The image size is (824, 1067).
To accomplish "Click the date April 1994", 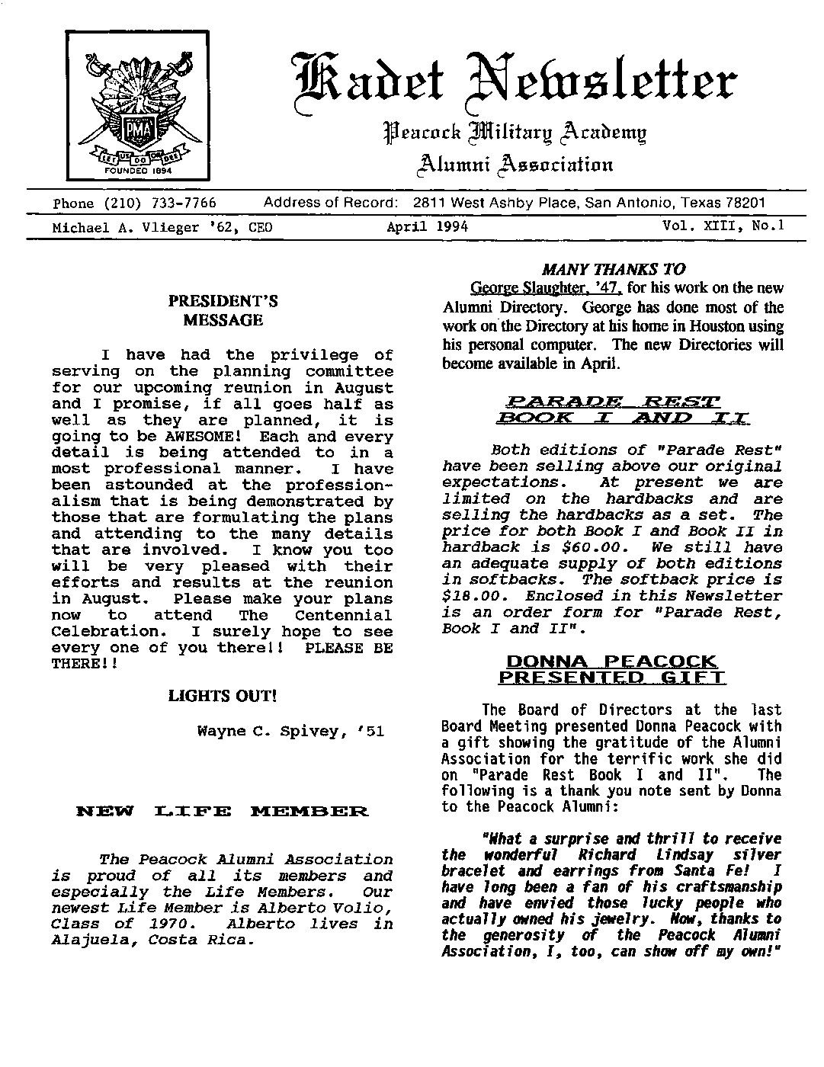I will pyautogui.click(x=427, y=227).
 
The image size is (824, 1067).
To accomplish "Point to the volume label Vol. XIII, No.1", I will pyautogui.click(x=723, y=226).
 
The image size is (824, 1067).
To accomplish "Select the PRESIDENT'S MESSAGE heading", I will pyautogui.click(x=223, y=310).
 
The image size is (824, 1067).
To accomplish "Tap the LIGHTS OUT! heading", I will pyautogui.click(x=222, y=696).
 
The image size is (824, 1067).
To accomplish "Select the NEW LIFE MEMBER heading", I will pyautogui.click(x=223, y=811).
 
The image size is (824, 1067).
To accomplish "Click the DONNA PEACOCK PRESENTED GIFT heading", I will pyautogui.click(x=612, y=669).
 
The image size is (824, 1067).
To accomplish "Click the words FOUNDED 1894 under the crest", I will pyautogui.click(x=139, y=171).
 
